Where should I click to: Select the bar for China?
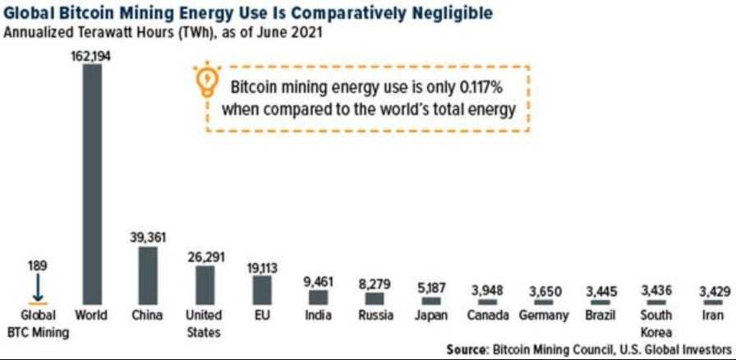click(x=148, y=275)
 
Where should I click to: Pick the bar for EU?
click(x=262, y=290)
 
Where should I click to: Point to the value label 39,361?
click(x=148, y=237)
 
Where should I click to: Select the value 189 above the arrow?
click(x=37, y=266)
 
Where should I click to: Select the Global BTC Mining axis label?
click(x=37, y=322)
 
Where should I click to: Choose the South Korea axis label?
click(x=655, y=322)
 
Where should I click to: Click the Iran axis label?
click(x=712, y=315)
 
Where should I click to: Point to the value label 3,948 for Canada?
click(x=485, y=290)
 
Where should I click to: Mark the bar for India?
click(x=318, y=298)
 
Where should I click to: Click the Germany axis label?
click(x=543, y=316)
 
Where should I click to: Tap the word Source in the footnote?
click(x=467, y=349)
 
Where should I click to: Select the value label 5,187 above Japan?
click(x=430, y=288)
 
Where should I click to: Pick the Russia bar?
click(x=375, y=298)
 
